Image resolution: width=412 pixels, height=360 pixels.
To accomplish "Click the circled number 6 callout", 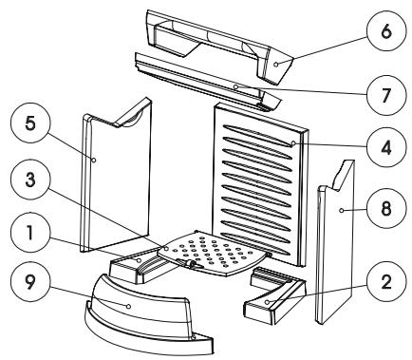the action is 386,33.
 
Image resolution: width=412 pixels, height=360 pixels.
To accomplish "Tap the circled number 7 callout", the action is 386,95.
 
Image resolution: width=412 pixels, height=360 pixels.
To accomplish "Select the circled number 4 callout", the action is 386,147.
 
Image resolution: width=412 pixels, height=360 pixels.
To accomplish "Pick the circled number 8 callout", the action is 386,209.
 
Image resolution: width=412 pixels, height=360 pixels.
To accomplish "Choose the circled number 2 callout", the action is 386,283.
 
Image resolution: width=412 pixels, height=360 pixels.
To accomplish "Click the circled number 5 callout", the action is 30,123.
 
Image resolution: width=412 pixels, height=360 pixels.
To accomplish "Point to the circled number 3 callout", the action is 30,180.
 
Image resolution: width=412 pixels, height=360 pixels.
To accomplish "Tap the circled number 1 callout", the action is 30,233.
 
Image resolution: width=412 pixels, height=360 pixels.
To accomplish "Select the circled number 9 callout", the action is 30,284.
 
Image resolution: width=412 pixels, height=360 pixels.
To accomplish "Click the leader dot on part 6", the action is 276,65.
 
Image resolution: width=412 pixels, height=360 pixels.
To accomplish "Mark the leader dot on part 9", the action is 129,306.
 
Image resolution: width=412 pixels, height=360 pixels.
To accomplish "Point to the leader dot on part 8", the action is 341,210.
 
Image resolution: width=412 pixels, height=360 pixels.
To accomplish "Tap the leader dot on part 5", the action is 94,161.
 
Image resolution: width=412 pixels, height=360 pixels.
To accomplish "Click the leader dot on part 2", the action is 267,302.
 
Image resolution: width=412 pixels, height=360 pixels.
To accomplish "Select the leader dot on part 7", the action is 235,86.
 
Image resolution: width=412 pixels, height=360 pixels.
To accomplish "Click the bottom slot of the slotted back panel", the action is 258,244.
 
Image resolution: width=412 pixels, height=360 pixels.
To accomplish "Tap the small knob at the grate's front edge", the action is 191,264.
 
